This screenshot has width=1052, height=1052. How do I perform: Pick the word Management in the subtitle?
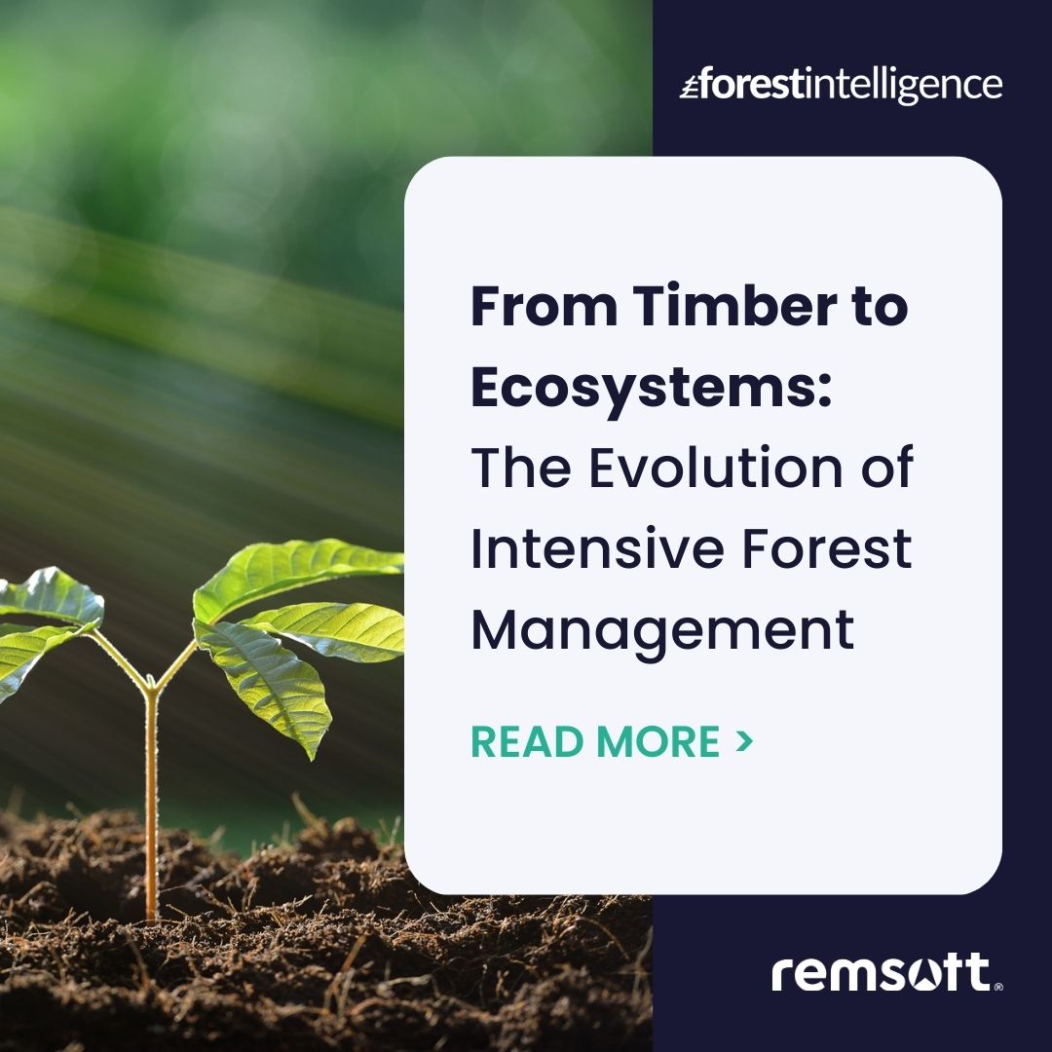coord(662,629)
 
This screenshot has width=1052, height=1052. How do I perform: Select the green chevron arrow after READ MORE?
coord(745,741)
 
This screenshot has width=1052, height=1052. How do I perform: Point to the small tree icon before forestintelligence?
coord(689,87)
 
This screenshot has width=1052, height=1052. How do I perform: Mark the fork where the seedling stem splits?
coord(150,688)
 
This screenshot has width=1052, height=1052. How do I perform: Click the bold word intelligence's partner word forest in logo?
coord(748,85)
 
